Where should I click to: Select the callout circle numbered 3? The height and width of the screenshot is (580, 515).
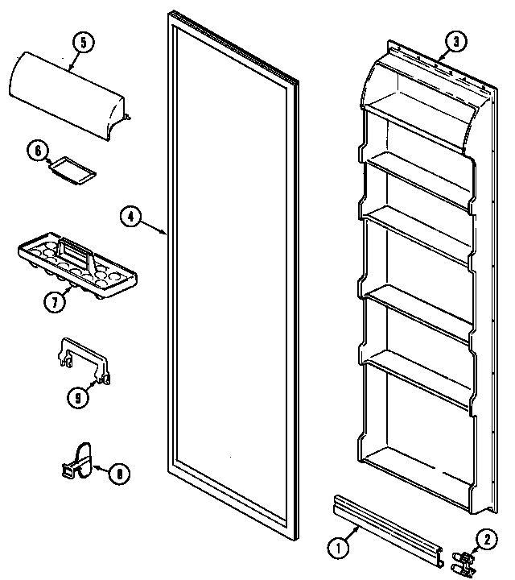click(x=455, y=42)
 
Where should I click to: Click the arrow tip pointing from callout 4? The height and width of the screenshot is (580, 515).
click(x=167, y=234)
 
